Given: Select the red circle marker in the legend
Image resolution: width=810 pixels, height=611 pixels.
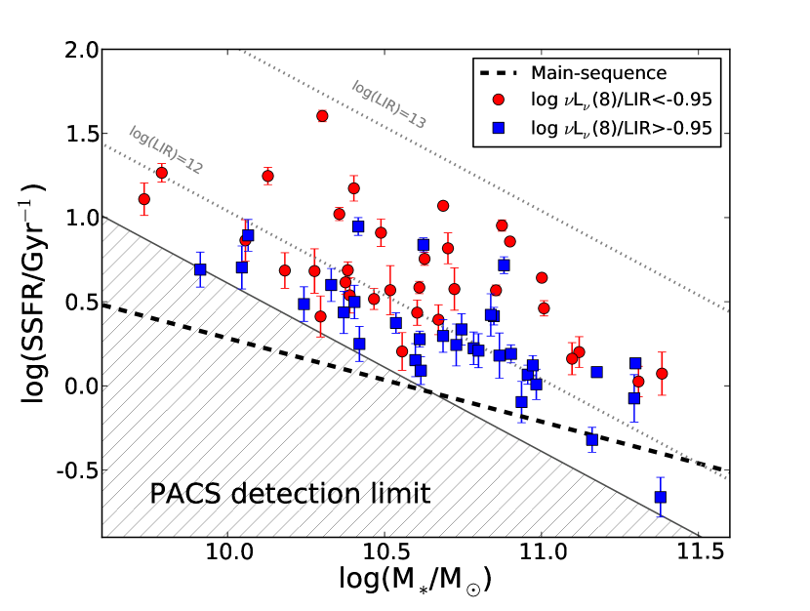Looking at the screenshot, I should [x=499, y=100].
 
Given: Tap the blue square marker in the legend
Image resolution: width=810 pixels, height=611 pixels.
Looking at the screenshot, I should [x=499, y=128].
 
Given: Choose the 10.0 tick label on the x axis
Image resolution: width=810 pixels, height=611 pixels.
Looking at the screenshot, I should [x=227, y=551].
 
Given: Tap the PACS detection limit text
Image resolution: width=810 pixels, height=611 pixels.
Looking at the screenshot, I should [x=290, y=494].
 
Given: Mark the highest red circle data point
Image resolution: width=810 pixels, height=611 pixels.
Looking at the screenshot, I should [x=322, y=116].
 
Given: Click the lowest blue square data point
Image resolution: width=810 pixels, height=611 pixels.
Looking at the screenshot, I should [x=661, y=497].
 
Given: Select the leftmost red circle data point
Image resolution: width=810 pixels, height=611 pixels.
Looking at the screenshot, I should [x=144, y=199].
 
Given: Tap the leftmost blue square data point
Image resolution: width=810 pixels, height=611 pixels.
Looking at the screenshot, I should [x=200, y=269].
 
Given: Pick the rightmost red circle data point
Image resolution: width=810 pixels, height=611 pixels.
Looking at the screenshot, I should [x=662, y=374].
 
